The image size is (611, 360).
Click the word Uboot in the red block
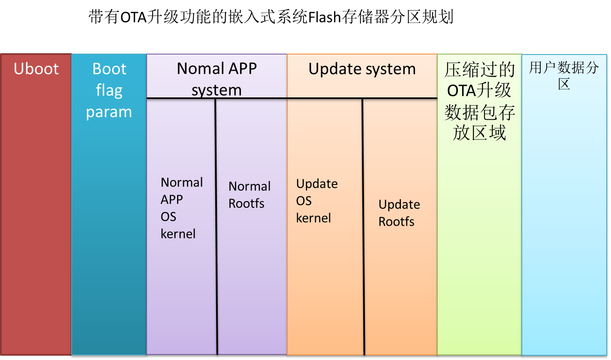pos(36,69)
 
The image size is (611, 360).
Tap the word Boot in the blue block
pos(109,69)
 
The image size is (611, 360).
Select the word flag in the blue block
pos(109,91)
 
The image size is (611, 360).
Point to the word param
pos(109,112)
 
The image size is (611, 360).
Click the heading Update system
pos(362,69)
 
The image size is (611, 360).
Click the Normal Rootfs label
pos(250,195)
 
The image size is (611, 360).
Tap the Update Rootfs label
pos(399,213)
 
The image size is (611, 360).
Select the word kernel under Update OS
pos(313,218)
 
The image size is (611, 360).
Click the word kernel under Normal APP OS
pos(178,234)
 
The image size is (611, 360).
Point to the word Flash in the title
pos(325,17)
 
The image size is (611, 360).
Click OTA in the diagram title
pos(133,17)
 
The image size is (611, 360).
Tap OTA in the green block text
pos(461,91)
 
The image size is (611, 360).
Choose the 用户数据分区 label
pos(564,76)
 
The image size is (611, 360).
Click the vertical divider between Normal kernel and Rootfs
pos(216,227)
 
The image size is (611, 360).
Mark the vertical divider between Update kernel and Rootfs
pos(363,227)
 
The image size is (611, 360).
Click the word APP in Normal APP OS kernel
pos(172,200)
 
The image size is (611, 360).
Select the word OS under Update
pos(304,201)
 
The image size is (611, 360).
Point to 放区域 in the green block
pos(479,133)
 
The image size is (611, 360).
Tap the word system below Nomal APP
pos(217,91)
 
